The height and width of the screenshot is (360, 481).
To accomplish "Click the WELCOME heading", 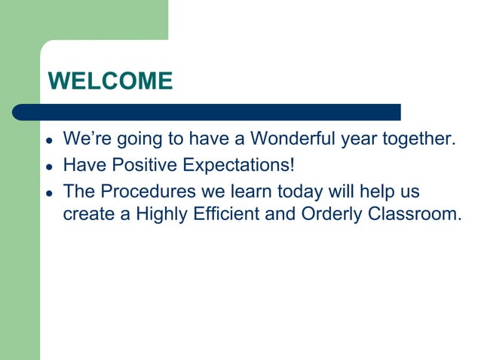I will coord(110,81).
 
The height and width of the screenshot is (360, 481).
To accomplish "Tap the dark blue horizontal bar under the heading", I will coord(207,112).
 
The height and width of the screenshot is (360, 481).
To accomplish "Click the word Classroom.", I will coord(414,215).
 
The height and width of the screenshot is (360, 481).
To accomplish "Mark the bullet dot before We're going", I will coord(49,141).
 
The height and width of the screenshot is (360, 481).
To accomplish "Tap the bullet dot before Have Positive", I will coord(49,166).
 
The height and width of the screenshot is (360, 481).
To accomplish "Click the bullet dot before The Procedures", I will coord(49,191).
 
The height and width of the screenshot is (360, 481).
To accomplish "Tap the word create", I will coord(88,215).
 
